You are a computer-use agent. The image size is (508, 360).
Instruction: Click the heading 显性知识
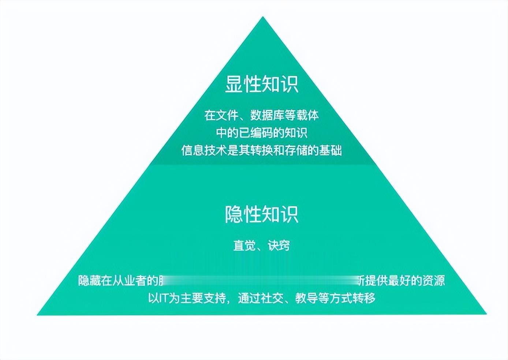(x=262, y=84)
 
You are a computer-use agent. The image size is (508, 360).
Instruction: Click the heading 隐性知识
(x=262, y=214)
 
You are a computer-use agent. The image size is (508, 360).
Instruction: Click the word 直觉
(x=244, y=245)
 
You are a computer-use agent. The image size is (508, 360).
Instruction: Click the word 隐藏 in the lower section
(x=90, y=281)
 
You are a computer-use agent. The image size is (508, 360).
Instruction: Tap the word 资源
(x=434, y=281)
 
